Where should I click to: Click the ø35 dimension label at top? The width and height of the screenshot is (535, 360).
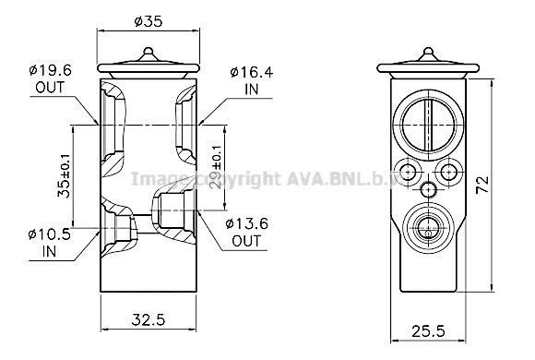point(149,21)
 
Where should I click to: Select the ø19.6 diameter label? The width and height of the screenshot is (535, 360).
point(50,71)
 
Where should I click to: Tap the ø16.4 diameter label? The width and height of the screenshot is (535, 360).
point(252,72)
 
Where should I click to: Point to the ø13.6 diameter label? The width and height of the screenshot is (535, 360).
point(246,224)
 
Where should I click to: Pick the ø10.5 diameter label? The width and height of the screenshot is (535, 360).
point(50,234)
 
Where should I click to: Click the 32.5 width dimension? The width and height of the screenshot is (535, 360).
point(149,320)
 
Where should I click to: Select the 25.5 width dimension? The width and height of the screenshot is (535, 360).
point(428,331)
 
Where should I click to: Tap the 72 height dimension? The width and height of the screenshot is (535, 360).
point(483,185)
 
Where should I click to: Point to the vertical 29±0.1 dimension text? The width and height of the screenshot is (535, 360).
point(215,167)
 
